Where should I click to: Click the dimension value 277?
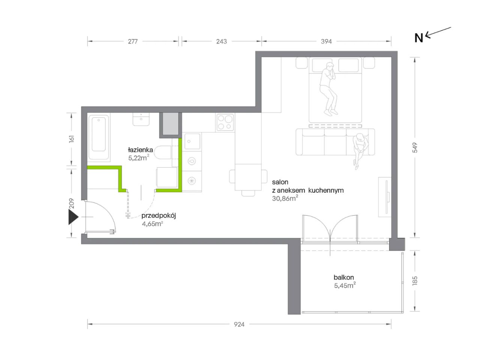tap(132, 41)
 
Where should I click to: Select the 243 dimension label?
tap(221, 41)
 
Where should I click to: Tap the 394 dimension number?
tap(326, 41)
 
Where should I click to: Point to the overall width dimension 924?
tap(239, 324)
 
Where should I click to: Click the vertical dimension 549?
tap(415, 147)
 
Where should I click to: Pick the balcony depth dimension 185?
tap(415, 280)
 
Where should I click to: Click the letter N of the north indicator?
tap(419, 38)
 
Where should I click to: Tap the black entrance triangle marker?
tap(73, 217)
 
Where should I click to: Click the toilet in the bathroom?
tap(163, 152)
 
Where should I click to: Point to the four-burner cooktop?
tap(225, 123)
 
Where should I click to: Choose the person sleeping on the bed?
tap(328, 89)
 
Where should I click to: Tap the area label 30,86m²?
tap(285, 198)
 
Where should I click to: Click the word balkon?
tap(344, 277)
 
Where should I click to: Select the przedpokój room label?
tap(159, 216)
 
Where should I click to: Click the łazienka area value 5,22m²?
tap(139, 157)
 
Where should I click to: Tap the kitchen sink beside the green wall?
tap(192, 141)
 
